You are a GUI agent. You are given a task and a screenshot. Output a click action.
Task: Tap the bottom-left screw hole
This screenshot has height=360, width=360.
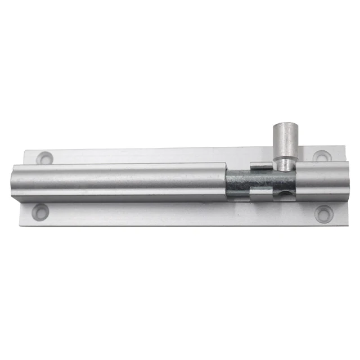tap(39, 212)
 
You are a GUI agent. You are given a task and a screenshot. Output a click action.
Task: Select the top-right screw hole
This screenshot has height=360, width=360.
tap(321, 157)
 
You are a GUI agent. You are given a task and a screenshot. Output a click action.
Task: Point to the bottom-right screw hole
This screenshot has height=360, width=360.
tap(322, 213)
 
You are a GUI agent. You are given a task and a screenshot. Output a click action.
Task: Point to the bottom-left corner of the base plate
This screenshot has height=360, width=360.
tap(20, 224)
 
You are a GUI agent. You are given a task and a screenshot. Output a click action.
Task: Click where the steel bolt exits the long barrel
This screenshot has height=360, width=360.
tap(227, 183)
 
